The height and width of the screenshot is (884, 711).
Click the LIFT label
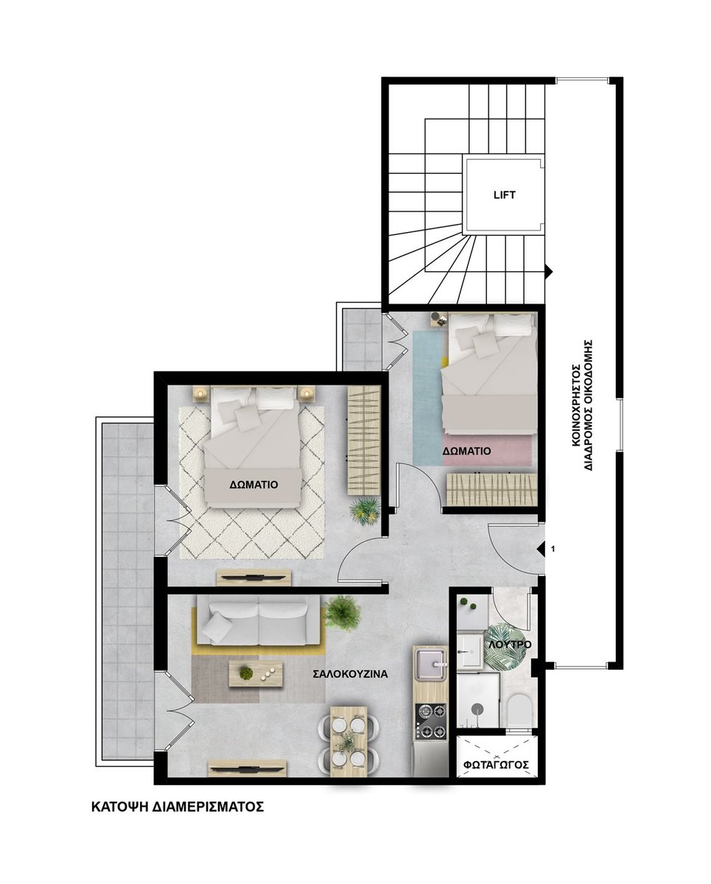point(504,194)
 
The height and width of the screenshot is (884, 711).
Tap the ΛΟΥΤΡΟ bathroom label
point(510,645)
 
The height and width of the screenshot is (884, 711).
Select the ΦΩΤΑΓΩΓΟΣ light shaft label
point(495,765)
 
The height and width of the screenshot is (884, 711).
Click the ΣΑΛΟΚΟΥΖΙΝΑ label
point(350,674)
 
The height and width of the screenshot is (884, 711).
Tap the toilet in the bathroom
point(519,711)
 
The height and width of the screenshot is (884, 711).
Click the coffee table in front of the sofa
point(256,673)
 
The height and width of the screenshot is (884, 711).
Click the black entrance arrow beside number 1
point(541,549)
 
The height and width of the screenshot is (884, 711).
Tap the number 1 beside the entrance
point(553,548)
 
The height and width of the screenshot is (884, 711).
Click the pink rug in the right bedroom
point(489,451)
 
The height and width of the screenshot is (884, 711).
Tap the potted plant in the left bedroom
point(364,511)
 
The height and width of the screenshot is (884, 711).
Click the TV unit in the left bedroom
point(253,578)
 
